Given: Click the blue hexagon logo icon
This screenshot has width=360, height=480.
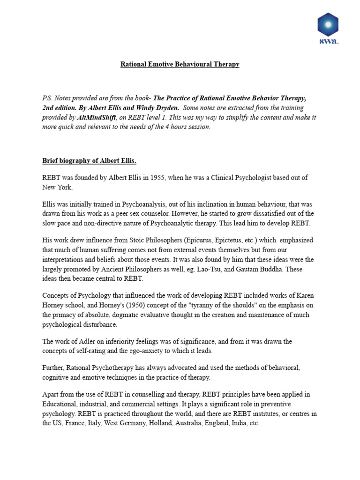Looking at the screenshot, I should (x=328, y=25).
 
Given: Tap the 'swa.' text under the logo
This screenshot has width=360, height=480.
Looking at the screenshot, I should (x=328, y=41).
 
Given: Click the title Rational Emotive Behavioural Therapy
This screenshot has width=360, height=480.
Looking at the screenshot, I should (x=180, y=64).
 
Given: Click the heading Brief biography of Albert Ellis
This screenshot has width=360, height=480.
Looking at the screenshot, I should (x=89, y=161).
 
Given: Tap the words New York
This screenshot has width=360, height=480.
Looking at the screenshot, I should (x=58, y=187).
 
